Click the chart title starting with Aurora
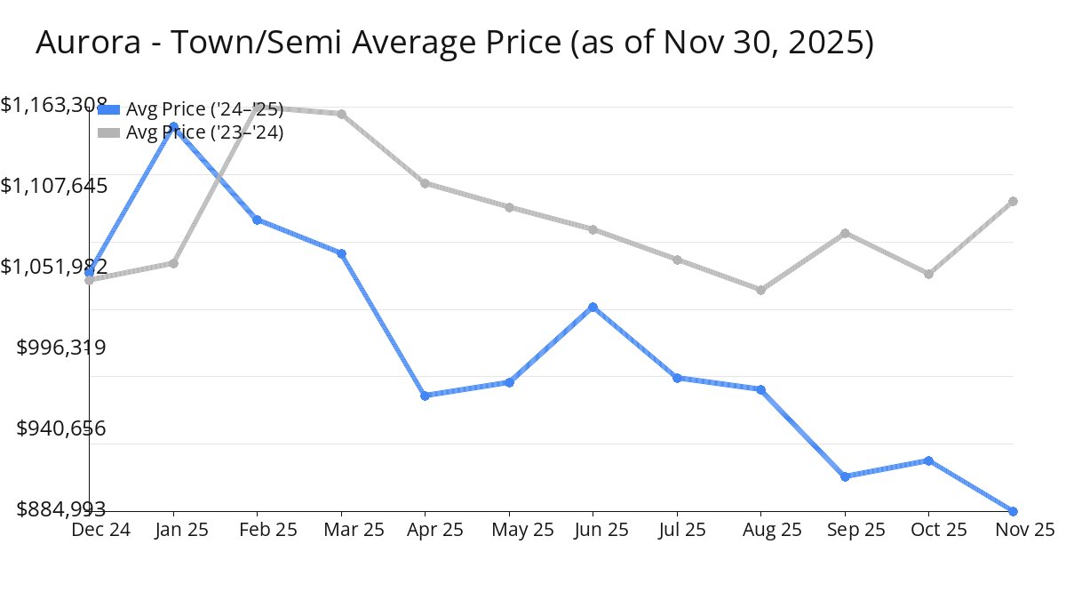click(454, 43)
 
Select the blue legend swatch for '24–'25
click(108, 109)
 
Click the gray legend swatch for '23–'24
click(108, 132)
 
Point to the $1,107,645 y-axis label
click(54, 186)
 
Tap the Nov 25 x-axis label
click(1024, 530)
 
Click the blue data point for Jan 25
click(173, 126)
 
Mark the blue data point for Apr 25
click(426, 396)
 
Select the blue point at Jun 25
click(593, 308)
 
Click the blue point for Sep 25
click(845, 476)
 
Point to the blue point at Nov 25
click(1013, 511)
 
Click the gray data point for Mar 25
click(341, 114)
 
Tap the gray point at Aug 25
click(760, 290)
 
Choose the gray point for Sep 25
click(845, 233)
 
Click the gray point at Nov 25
click(1013, 201)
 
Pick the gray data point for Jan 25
click(173, 263)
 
